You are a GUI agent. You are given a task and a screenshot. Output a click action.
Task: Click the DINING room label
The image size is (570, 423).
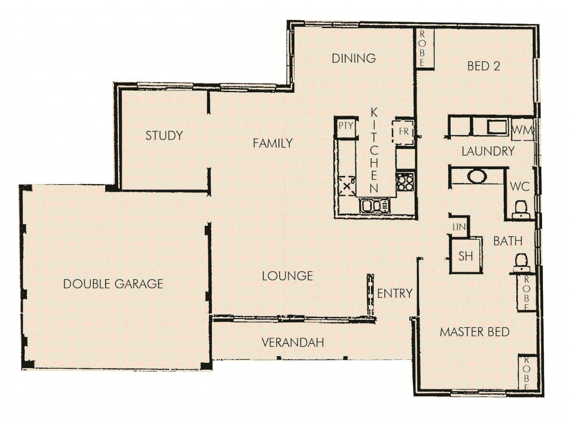tap(353, 58)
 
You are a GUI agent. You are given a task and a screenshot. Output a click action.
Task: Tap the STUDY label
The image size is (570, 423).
tap(164, 136)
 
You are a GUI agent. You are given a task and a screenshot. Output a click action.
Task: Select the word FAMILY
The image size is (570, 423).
tap(273, 143)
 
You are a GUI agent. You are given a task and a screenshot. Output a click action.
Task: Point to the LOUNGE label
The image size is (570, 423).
tap(287, 276)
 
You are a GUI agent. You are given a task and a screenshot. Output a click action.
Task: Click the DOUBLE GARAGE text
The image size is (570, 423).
tap(113, 284)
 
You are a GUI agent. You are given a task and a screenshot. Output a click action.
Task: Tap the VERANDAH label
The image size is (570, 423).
tap(293, 343)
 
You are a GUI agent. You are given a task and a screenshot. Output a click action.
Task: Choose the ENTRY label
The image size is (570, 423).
tap(395, 293)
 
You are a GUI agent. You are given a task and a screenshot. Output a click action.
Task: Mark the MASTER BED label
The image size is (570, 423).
tap(474, 332)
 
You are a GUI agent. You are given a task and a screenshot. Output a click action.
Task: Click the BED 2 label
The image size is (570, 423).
tap(483, 66)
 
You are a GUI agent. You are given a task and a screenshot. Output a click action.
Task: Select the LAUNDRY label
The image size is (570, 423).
tap(488, 151)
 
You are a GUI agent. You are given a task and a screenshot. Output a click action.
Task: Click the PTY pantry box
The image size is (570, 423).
tap(346, 126)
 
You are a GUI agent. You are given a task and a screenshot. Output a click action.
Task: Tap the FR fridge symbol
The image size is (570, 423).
tap(404, 132)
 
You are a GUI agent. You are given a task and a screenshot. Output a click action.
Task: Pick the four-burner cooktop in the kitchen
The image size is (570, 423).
tap(405, 182)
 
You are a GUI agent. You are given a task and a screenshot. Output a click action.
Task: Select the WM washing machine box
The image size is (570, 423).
tap(522, 130)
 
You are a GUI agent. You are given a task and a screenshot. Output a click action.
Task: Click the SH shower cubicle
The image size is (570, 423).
tap(466, 256)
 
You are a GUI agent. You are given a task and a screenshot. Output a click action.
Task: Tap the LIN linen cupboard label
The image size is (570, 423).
tap(459, 227)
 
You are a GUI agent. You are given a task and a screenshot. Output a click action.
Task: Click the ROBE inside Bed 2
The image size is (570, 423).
tap(422, 49)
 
